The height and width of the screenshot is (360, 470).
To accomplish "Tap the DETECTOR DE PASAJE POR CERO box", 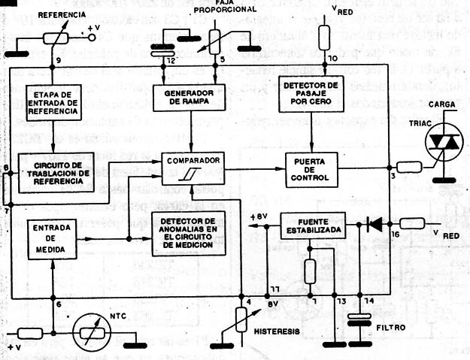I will (x=311, y=93).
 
